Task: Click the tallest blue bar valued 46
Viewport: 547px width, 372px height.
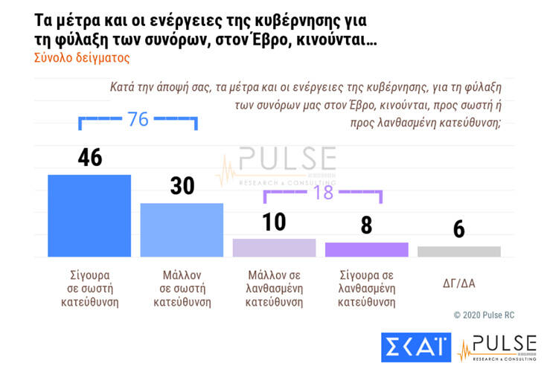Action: (89, 216)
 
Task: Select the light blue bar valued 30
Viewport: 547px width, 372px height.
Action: (182, 230)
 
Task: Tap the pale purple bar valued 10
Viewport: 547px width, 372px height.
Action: (274, 248)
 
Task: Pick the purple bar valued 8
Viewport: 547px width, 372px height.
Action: (366, 249)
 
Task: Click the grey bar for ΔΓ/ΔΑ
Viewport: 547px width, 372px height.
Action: (458, 251)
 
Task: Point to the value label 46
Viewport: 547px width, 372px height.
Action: (89, 158)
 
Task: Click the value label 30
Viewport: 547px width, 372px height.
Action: (182, 186)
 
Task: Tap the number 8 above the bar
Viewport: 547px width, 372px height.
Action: (366, 225)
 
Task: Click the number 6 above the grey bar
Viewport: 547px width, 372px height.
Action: (458, 229)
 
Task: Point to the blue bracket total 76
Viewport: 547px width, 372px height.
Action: (138, 119)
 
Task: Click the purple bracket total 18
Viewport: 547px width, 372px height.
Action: (323, 191)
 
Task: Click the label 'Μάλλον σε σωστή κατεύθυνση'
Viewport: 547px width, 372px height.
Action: (182, 289)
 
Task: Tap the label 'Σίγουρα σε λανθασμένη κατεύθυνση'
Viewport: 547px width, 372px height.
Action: (366, 289)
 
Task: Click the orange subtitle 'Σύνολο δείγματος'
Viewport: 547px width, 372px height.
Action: (83, 57)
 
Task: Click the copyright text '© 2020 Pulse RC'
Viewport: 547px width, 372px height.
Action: (484, 315)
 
